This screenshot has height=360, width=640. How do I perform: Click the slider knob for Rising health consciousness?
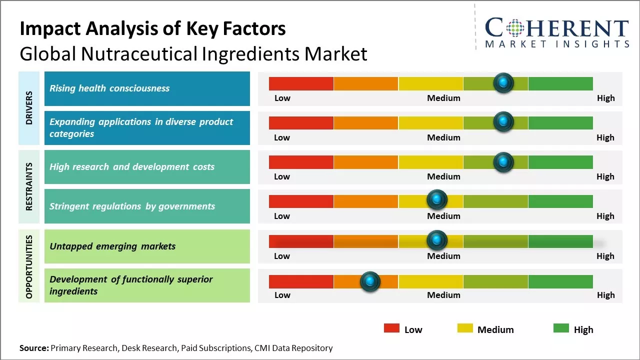coord(503,82)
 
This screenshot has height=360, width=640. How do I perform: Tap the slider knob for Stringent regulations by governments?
coord(437,200)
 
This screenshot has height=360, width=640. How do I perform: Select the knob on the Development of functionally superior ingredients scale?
coord(370,281)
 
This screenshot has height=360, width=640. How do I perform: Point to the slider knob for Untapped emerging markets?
coord(437,240)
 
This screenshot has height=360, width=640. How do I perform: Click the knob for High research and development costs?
coord(503,162)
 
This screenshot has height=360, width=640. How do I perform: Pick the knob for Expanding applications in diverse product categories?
coord(503,122)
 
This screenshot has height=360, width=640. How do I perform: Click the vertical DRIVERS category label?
coord(29,108)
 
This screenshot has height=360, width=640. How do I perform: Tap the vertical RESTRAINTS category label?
coord(29,186)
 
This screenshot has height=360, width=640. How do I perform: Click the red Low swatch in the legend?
coord(391,328)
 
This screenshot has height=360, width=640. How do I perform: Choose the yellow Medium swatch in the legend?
coord(465,328)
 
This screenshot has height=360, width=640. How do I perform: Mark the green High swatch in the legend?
coord(561,328)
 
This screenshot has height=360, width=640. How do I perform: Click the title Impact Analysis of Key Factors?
coord(152,28)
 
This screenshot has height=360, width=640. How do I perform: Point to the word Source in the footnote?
coord(33,348)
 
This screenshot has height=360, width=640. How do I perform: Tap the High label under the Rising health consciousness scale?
coord(605,98)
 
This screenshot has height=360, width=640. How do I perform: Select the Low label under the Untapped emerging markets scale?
coord(282,256)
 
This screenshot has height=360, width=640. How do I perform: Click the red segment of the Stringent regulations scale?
coord(301,201)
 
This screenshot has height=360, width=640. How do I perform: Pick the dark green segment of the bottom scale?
coord(560,282)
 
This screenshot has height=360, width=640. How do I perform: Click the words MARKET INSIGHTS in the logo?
coord(557,44)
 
